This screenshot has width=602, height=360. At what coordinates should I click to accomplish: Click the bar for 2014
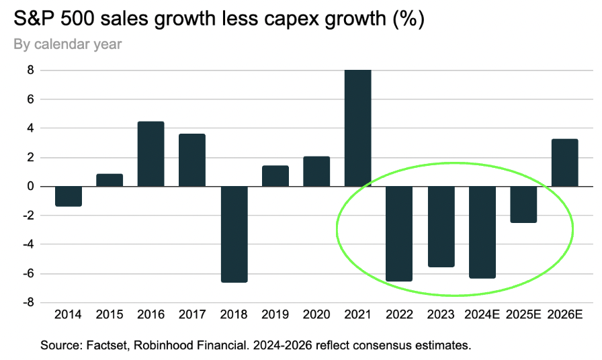69,196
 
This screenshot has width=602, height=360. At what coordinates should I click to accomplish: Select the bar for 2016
150,154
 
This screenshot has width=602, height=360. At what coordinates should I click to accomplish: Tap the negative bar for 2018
234,234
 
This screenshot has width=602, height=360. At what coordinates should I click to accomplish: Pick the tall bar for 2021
357,128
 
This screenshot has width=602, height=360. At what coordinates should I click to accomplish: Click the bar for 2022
399,234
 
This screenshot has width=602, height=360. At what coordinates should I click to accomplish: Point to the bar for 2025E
523,204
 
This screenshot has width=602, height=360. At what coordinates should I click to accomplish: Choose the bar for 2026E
564,163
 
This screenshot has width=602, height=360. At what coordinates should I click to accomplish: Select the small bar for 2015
110,180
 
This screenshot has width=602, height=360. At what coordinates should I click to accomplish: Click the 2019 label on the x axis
275,314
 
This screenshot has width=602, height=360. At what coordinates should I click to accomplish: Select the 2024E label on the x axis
482,314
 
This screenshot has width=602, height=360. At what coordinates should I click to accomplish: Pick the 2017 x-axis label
192,314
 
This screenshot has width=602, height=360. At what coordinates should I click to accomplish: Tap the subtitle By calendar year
67,44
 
